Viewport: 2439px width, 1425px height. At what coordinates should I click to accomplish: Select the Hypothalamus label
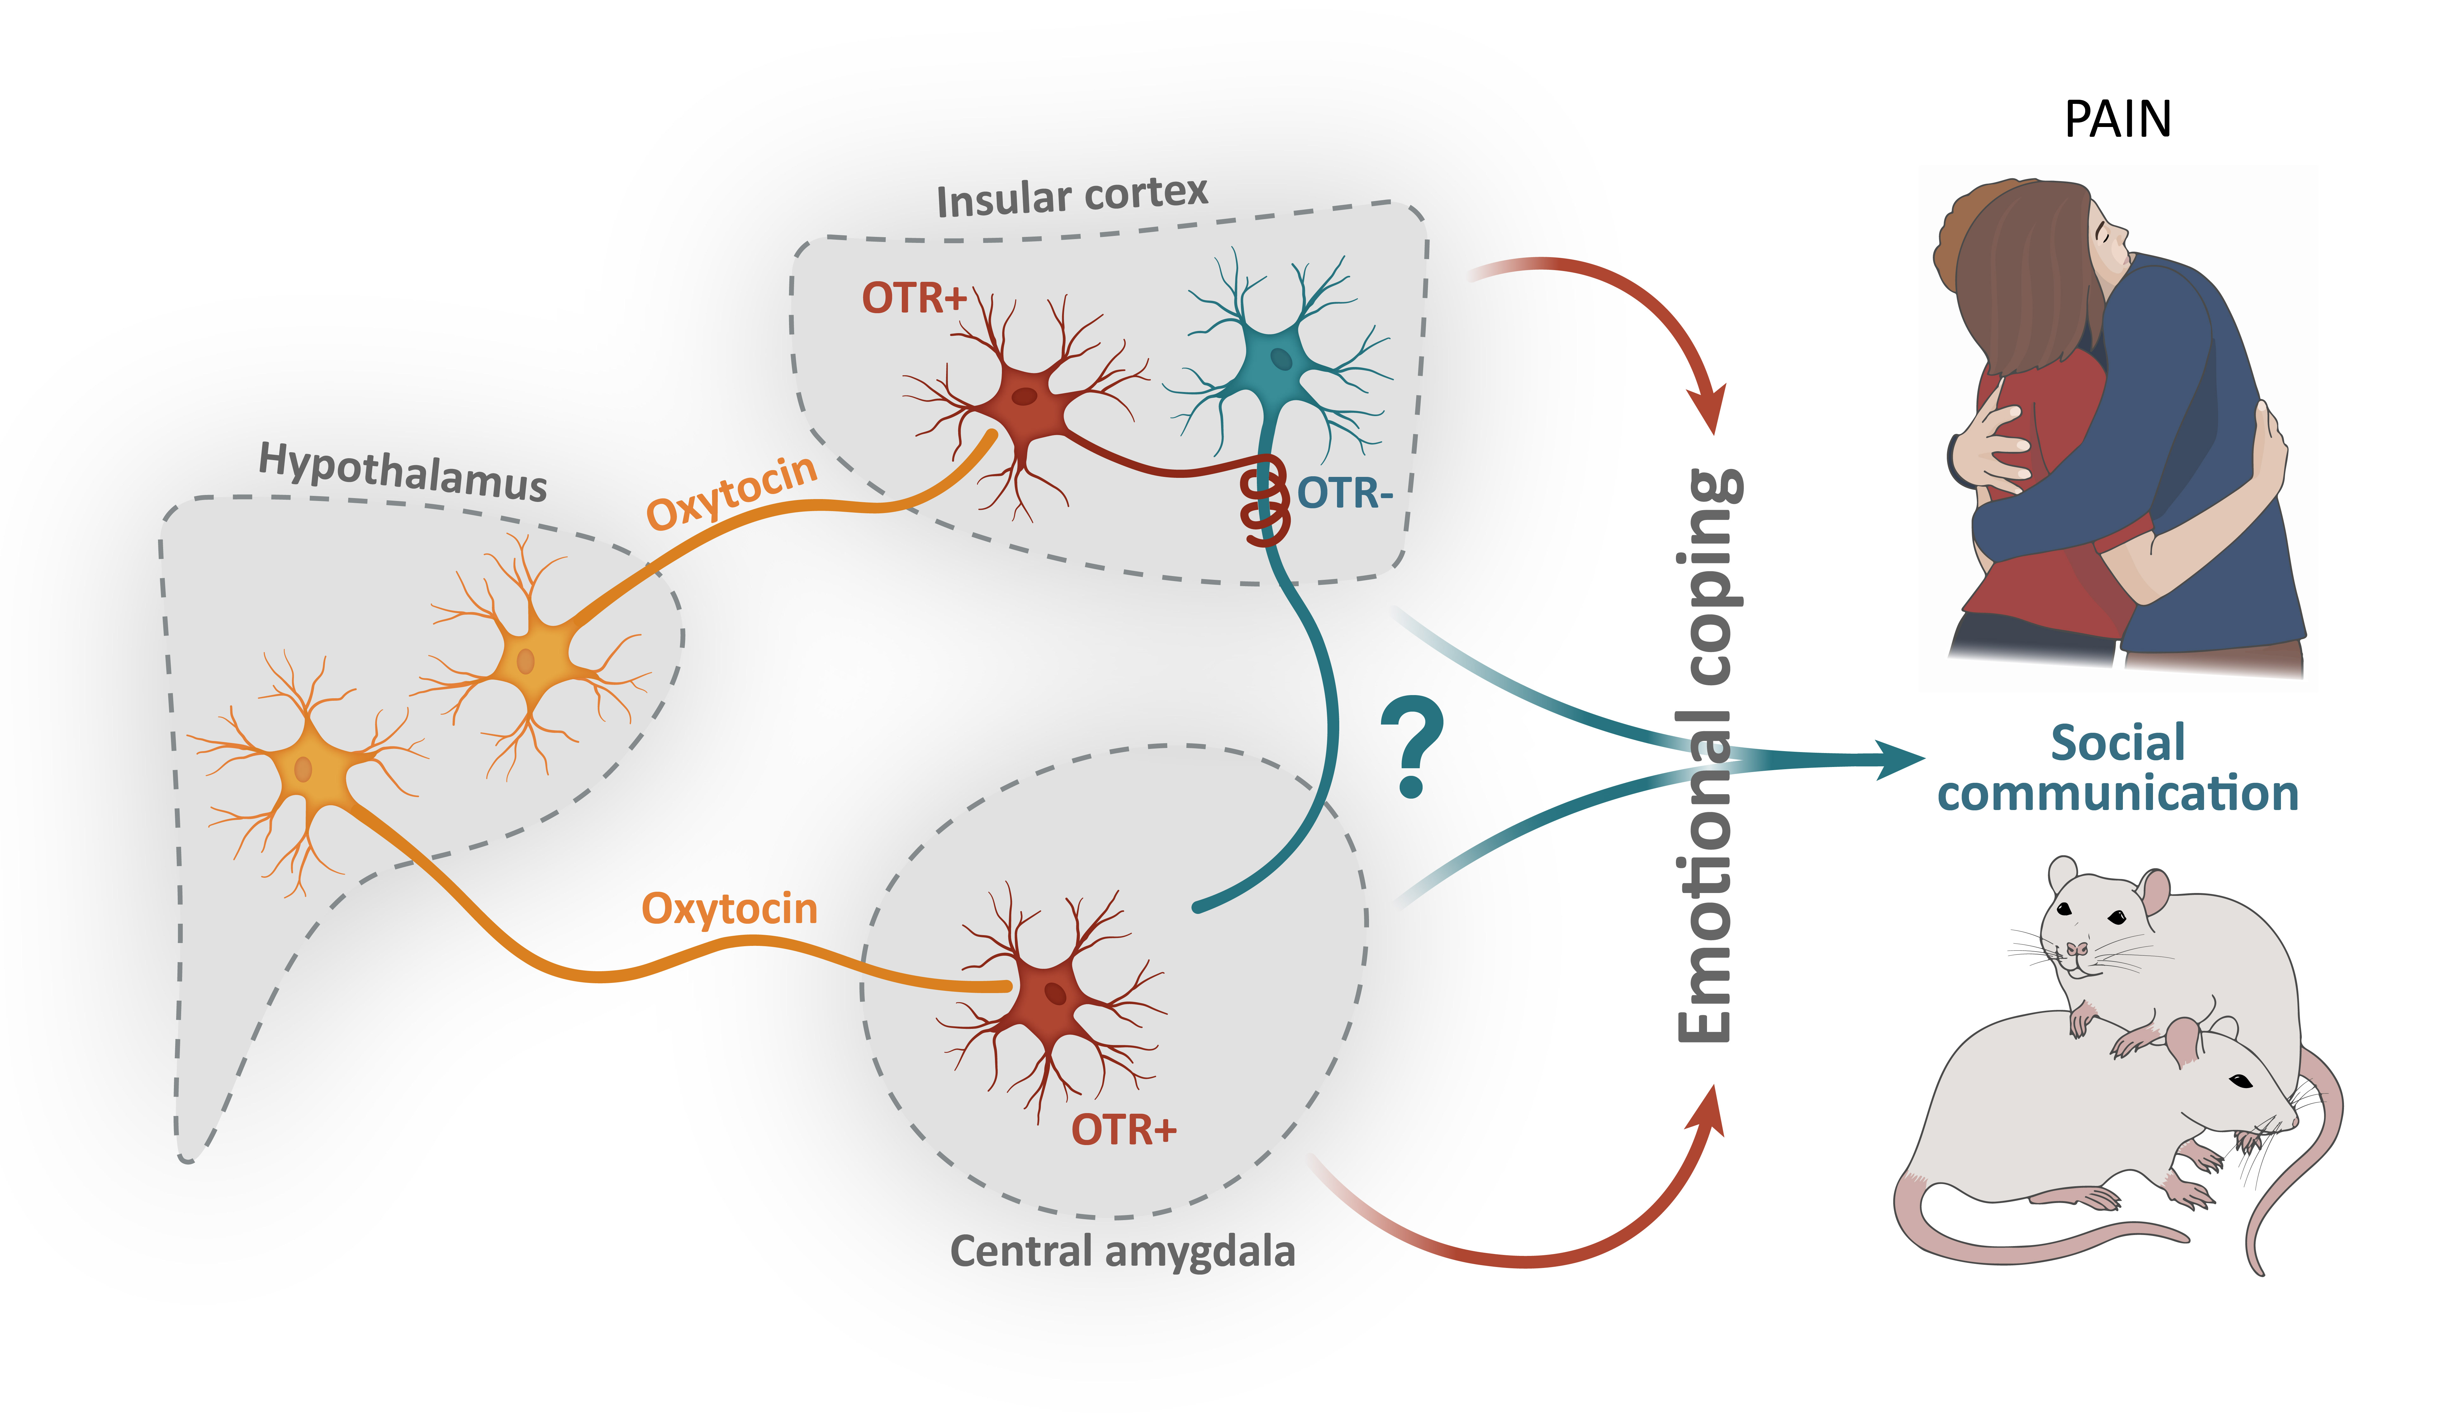[x=403, y=472]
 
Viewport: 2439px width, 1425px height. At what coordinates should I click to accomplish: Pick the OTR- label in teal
[x=1344, y=493]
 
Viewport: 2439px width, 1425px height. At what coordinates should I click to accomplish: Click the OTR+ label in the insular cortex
[x=914, y=298]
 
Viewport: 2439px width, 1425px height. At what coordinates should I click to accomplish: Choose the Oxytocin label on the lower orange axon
[x=730, y=909]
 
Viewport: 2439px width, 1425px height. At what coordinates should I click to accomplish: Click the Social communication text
[x=2118, y=769]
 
